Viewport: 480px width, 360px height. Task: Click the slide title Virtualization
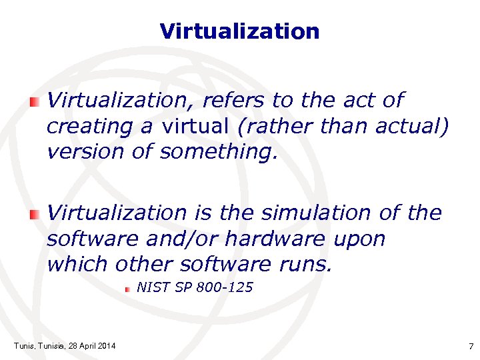(x=240, y=31)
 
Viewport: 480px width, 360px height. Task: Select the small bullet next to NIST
(x=129, y=289)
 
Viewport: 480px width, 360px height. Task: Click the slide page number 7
(x=471, y=346)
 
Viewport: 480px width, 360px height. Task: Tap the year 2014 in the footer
(x=105, y=345)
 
